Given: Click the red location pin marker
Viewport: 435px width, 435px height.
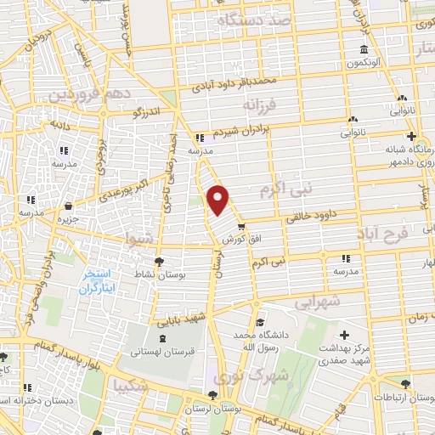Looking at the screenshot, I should click(218, 201).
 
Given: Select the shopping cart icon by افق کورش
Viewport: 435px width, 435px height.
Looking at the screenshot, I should click(242, 226).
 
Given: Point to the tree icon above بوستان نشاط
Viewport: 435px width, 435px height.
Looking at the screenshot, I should click(159, 262).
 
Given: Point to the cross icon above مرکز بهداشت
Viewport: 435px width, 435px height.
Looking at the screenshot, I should click(343, 334).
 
